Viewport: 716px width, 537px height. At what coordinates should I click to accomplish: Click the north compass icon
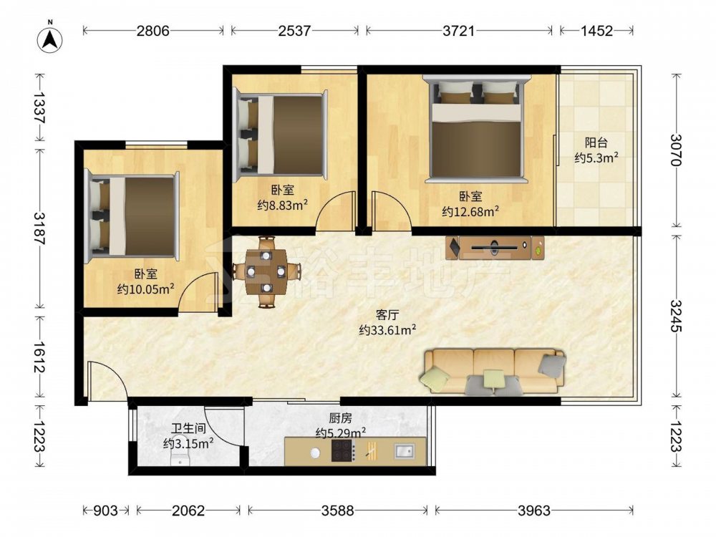tap(50, 39)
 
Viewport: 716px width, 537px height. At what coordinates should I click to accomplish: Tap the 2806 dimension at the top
tap(153, 31)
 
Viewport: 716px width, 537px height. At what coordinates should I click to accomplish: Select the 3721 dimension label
tap(459, 31)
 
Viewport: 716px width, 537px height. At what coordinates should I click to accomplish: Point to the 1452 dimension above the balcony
tap(596, 31)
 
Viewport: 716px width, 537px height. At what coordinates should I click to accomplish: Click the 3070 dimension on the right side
tap(676, 150)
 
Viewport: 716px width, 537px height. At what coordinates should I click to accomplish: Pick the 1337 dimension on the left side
tap(39, 108)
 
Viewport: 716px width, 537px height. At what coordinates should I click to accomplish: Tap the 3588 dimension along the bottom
tap(337, 510)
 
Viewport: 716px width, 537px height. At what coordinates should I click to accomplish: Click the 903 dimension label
tap(105, 510)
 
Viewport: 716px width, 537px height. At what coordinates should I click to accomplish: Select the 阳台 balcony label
tap(596, 142)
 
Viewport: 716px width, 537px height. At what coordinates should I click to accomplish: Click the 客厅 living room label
tap(387, 314)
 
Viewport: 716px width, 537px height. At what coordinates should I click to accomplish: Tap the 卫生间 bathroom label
tap(188, 428)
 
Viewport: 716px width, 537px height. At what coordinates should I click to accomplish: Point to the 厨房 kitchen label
tap(341, 418)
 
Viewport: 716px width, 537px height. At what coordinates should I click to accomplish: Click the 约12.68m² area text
tap(470, 211)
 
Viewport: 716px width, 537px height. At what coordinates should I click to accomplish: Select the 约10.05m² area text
tap(145, 289)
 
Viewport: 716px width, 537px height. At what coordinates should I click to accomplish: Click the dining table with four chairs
tap(266, 271)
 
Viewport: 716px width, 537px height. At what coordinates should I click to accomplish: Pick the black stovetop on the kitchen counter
tap(343, 451)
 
